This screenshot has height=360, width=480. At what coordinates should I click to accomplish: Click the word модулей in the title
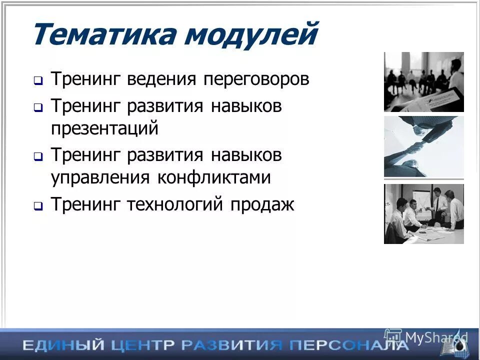coord(249,35)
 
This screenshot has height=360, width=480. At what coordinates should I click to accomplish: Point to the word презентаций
coord(104,128)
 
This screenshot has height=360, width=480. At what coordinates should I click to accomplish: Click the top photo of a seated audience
coord(423,81)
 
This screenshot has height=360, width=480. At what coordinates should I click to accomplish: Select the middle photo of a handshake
coord(423,146)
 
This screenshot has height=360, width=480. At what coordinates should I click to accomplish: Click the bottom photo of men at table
coord(423,213)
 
